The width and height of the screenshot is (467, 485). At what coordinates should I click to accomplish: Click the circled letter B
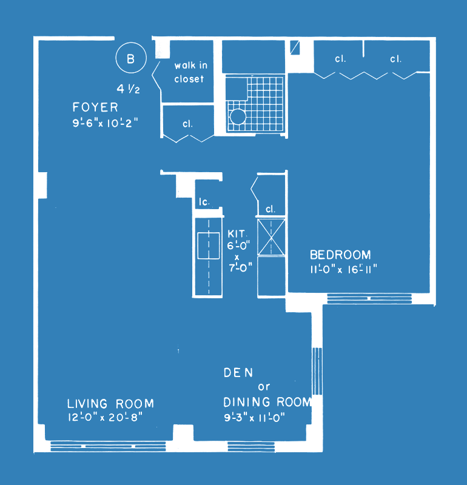tap(131, 58)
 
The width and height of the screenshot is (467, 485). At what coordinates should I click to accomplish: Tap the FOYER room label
tap(95, 107)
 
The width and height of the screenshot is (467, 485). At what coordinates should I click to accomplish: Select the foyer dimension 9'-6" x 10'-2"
tap(105, 123)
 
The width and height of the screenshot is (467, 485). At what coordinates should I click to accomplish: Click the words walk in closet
tap(190, 72)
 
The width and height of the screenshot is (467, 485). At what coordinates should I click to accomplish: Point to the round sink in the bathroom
tap(238, 116)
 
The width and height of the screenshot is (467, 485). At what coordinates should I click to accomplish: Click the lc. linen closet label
tap(204, 202)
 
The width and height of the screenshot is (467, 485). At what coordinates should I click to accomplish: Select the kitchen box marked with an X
tap(271, 237)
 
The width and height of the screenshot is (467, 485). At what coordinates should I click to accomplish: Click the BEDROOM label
tap(340, 255)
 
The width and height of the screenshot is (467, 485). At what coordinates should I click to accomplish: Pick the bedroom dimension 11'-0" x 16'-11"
tap(343, 269)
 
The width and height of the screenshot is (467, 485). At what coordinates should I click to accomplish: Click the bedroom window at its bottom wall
tap(369, 298)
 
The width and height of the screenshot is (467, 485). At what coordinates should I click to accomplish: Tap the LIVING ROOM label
tap(110, 404)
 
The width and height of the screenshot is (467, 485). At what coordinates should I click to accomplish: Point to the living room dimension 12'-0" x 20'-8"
tap(105, 417)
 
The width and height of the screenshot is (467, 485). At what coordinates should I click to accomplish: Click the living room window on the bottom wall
tap(109, 446)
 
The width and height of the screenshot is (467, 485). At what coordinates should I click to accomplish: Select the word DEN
tap(238, 373)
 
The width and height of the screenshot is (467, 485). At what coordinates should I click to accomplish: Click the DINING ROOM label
tap(267, 402)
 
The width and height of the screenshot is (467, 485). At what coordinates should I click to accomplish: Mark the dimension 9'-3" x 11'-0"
tap(254, 418)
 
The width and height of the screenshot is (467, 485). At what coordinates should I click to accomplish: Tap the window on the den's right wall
tap(317, 371)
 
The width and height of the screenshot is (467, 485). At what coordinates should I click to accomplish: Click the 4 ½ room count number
tap(128, 89)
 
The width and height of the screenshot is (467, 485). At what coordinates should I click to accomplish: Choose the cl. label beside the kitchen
tap(270, 209)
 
